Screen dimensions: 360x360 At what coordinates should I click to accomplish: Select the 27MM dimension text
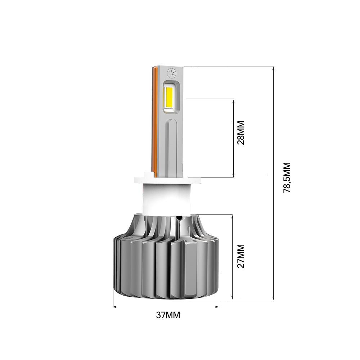pyautogui.click(x=240, y=256)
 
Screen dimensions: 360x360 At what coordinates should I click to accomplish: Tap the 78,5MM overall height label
pyautogui.click(x=287, y=178)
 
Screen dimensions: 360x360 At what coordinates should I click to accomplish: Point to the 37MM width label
pyautogui.click(x=168, y=315)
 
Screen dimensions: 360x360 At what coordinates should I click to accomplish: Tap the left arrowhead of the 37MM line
pyautogui.click(x=115, y=307)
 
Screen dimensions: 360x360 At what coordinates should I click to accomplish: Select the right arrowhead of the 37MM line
pyautogui.click(x=217, y=307)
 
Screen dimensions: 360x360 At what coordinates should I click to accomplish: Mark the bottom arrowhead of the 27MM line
pyautogui.click(x=233, y=297)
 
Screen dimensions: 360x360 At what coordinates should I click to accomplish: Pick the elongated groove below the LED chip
pyautogui.click(x=172, y=144)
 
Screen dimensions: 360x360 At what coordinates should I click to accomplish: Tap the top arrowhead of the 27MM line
pyautogui.click(x=233, y=216)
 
